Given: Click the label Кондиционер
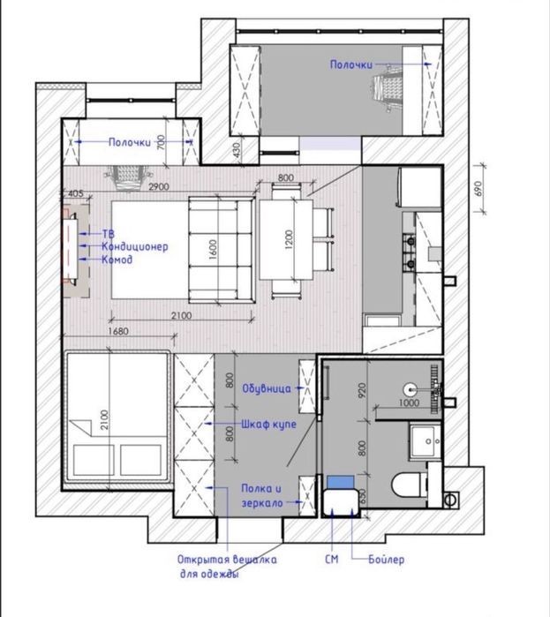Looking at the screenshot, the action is [x=134, y=247].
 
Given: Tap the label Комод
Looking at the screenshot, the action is [x=117, y=260].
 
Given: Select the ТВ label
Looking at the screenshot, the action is [x=109, y=234].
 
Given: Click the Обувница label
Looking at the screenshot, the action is [x=267, y=388].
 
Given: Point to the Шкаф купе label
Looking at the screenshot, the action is [x=268, y=425].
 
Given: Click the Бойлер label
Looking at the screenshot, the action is [x=386, y=559].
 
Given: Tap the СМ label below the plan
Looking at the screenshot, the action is [x=331, y=559].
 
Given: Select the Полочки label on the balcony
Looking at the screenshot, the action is [x=351, y=64].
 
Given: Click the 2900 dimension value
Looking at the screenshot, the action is [x=159, y=186].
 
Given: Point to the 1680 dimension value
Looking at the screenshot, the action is [x=118, y=331].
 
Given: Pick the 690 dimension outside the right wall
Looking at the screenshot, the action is [x=478, y=189].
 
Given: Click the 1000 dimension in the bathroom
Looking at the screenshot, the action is [x=409, y=403].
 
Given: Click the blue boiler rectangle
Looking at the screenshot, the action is [x=340, y=482].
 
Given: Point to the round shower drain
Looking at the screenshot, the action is [x=411, y=389].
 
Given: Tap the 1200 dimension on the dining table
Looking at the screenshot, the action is [x=289, y=239].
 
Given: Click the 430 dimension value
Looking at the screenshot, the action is [x=236, y=150].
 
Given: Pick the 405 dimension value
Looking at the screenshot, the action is [x=76, y=193].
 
